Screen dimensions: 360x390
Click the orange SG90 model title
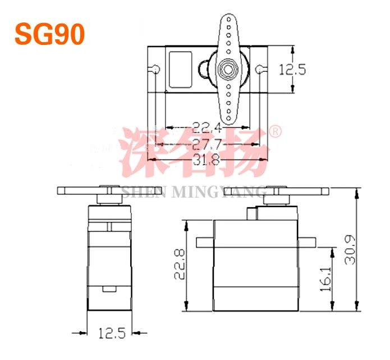pos(49,34)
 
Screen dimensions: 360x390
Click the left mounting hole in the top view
pos(156,70)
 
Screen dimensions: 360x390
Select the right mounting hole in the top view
pos(259,70)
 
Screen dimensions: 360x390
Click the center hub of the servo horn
pos(227,69)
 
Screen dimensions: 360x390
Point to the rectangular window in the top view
pos(180,70)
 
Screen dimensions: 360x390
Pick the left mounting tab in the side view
pos(204,243)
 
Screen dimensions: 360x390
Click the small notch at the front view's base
pos(109,289)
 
